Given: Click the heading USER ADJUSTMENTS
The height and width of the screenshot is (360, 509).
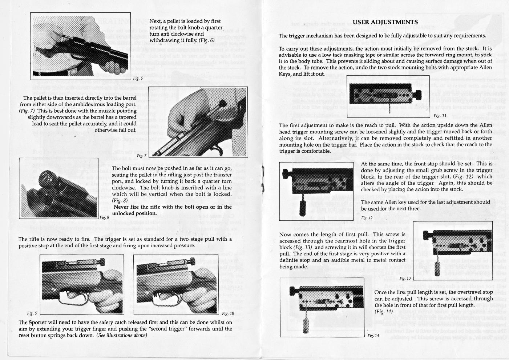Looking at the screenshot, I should [x=385, y=22].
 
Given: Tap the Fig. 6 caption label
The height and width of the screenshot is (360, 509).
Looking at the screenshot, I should [x=138, y=78].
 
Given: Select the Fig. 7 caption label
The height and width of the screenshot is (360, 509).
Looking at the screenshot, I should [x=141, y=156].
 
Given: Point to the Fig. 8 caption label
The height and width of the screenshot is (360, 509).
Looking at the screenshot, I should [x=104, y=217].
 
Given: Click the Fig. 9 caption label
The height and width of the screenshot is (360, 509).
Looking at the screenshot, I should [x=32, y=313].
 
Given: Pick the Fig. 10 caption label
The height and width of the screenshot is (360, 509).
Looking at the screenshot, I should [x=228, y=313].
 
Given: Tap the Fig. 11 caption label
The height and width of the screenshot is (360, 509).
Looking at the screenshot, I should [x=440, y=116].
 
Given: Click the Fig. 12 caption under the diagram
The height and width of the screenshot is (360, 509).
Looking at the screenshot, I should [x=367, y=218].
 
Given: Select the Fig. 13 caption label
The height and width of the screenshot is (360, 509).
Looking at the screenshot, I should [x=405, y=278].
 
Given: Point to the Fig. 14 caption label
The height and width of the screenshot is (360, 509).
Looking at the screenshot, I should [x=373, y=336].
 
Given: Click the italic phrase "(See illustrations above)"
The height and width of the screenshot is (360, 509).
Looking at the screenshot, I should [x=122, y=335].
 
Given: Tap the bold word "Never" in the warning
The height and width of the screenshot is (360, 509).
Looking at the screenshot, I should [x=122, y=207].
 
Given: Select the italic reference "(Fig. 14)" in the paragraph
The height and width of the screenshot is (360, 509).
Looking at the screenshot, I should [x=384, y=312].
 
